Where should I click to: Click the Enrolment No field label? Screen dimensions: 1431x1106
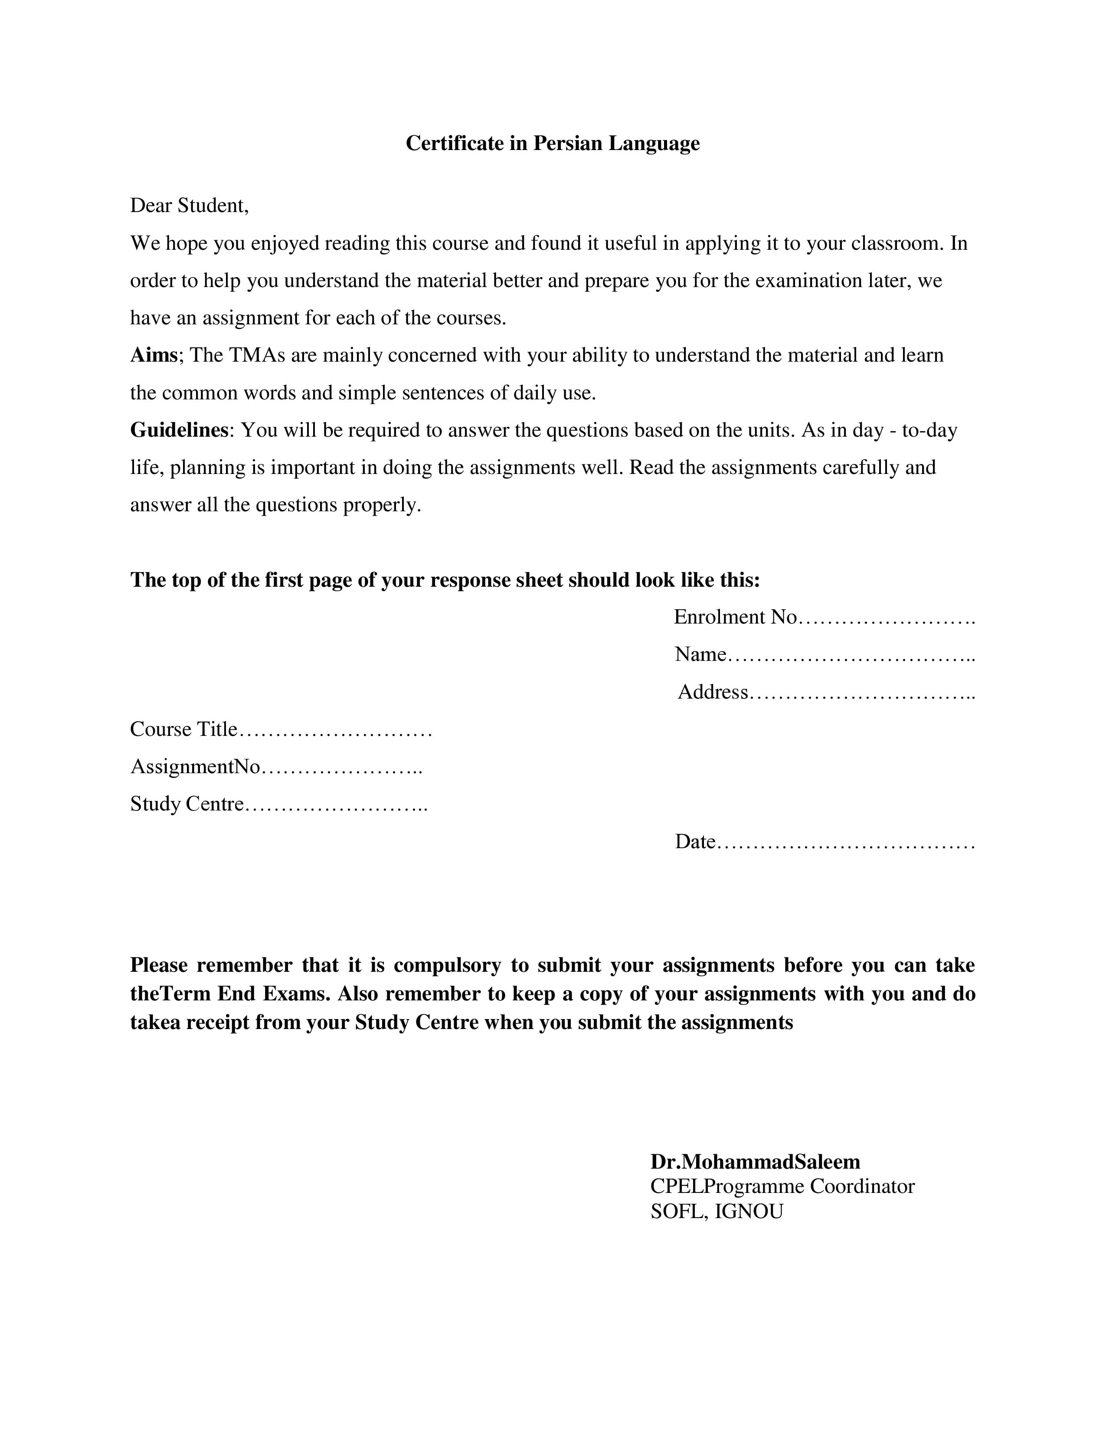coord(735,617)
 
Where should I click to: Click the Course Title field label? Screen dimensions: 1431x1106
coord(183,729)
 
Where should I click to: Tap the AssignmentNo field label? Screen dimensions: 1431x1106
coord(195,767)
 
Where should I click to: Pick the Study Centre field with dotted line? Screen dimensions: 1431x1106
coord(278,804)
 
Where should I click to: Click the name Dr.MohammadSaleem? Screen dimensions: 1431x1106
coord(755,1162)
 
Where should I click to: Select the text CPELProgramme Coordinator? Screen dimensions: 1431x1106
coord(782,1186)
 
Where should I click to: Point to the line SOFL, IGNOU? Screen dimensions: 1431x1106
coord(716,1212)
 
